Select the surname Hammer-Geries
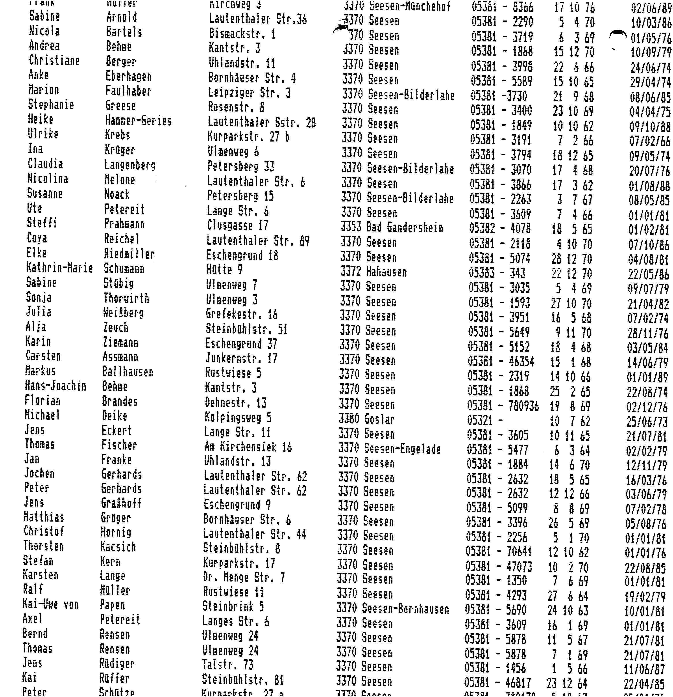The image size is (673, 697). point(138,121)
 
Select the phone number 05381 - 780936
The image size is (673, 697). point(503,406)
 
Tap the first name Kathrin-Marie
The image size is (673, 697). point(59,268)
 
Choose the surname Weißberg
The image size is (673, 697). point(123,313)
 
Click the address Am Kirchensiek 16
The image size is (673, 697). point(248,447)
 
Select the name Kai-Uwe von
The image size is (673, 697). point(50,604)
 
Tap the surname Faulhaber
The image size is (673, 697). point(128,91)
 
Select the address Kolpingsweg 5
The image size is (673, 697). point(238,417)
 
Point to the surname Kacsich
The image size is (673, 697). point(118,547)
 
